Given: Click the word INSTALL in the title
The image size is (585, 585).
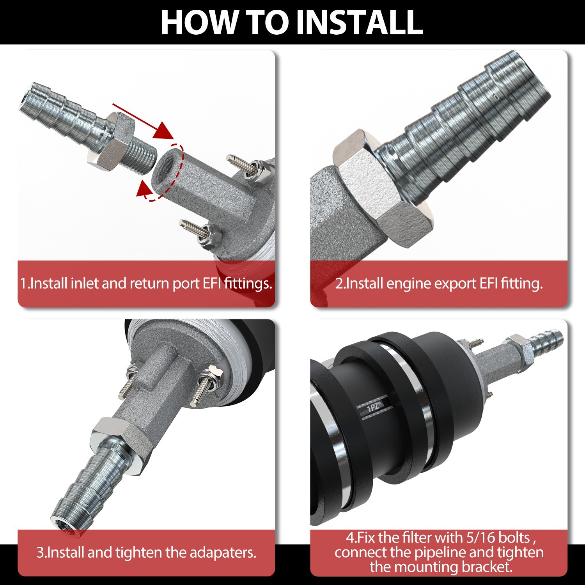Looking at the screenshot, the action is pyautogui.click(x=360, y=22).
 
